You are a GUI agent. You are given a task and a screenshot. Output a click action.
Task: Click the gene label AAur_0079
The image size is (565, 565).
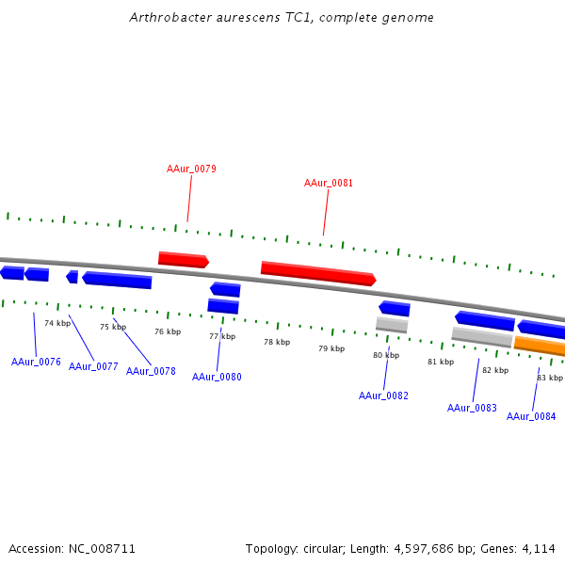click(x=191, y=169)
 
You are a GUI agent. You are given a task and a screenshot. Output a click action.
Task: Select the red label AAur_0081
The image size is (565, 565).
click(x=329, y=184)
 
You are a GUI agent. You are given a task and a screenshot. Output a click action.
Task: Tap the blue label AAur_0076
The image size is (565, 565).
click(x=36, y=362)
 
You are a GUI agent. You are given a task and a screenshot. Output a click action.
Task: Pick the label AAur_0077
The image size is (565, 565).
click(x=93, y=366)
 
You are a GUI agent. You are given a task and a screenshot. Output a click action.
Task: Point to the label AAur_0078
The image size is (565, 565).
click(x=151, y=371)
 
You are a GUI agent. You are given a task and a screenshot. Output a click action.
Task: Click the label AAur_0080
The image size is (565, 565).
click(x=217, y=377)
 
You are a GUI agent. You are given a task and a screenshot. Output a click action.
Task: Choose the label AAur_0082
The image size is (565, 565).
click(x=383, y=395)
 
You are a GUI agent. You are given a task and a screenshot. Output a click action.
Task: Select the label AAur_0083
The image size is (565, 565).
click(x=472, y=408)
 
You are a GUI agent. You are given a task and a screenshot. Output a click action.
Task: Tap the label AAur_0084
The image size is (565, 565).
click(x=531, y=416)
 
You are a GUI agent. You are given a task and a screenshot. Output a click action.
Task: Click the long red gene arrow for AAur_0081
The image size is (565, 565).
click(x=318, y=273)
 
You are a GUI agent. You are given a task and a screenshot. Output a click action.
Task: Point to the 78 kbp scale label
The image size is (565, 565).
click(x=276, y=343)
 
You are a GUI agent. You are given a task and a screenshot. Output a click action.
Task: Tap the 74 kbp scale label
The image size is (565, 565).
click(x=57, y=323)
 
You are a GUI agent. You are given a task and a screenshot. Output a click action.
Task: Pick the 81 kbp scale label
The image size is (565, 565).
click(x=441, y=362)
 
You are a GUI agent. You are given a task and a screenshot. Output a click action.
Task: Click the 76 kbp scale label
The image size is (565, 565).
click(x=168, y=331)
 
